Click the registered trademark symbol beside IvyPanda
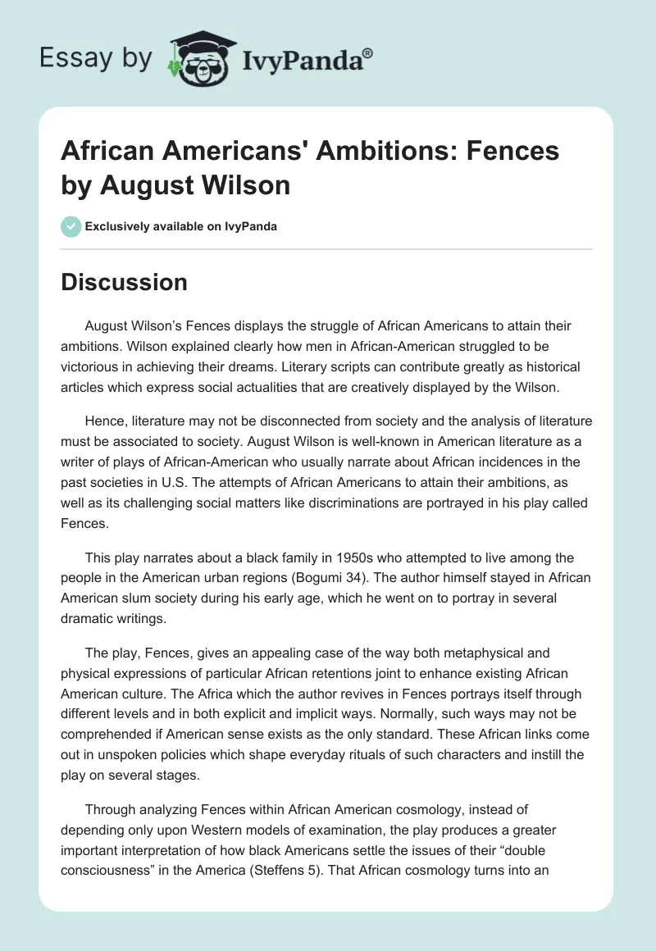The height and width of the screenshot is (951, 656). [x=368, y=54]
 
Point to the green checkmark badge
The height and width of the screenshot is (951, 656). [x=71, y=226]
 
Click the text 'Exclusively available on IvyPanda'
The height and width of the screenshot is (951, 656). [x=180, y=226]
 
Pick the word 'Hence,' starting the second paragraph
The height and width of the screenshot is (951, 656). [x=105, y=421]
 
